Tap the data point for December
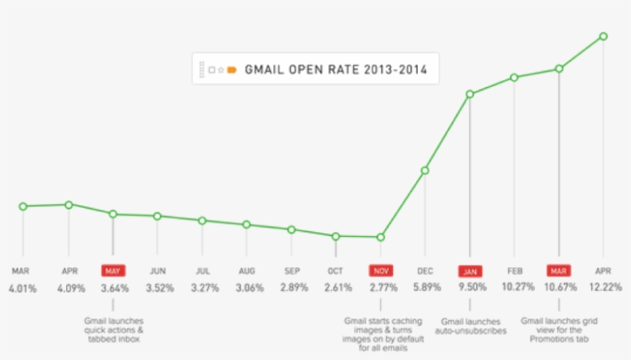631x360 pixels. point(424,171)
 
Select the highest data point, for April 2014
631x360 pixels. point(603,36)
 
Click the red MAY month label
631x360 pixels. point(113,271)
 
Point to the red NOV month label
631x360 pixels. point(380,271)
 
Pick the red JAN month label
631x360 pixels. point(469,272)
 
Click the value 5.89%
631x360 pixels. point(425,288)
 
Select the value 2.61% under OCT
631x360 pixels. point(336,288)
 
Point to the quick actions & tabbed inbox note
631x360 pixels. point(114,330)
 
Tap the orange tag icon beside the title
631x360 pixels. point(232,69)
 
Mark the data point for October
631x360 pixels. point(336,236)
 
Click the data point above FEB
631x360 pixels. point(514,77)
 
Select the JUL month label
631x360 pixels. point(202,271)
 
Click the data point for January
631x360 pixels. point(469,94)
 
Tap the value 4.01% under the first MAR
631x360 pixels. point(23,288)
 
